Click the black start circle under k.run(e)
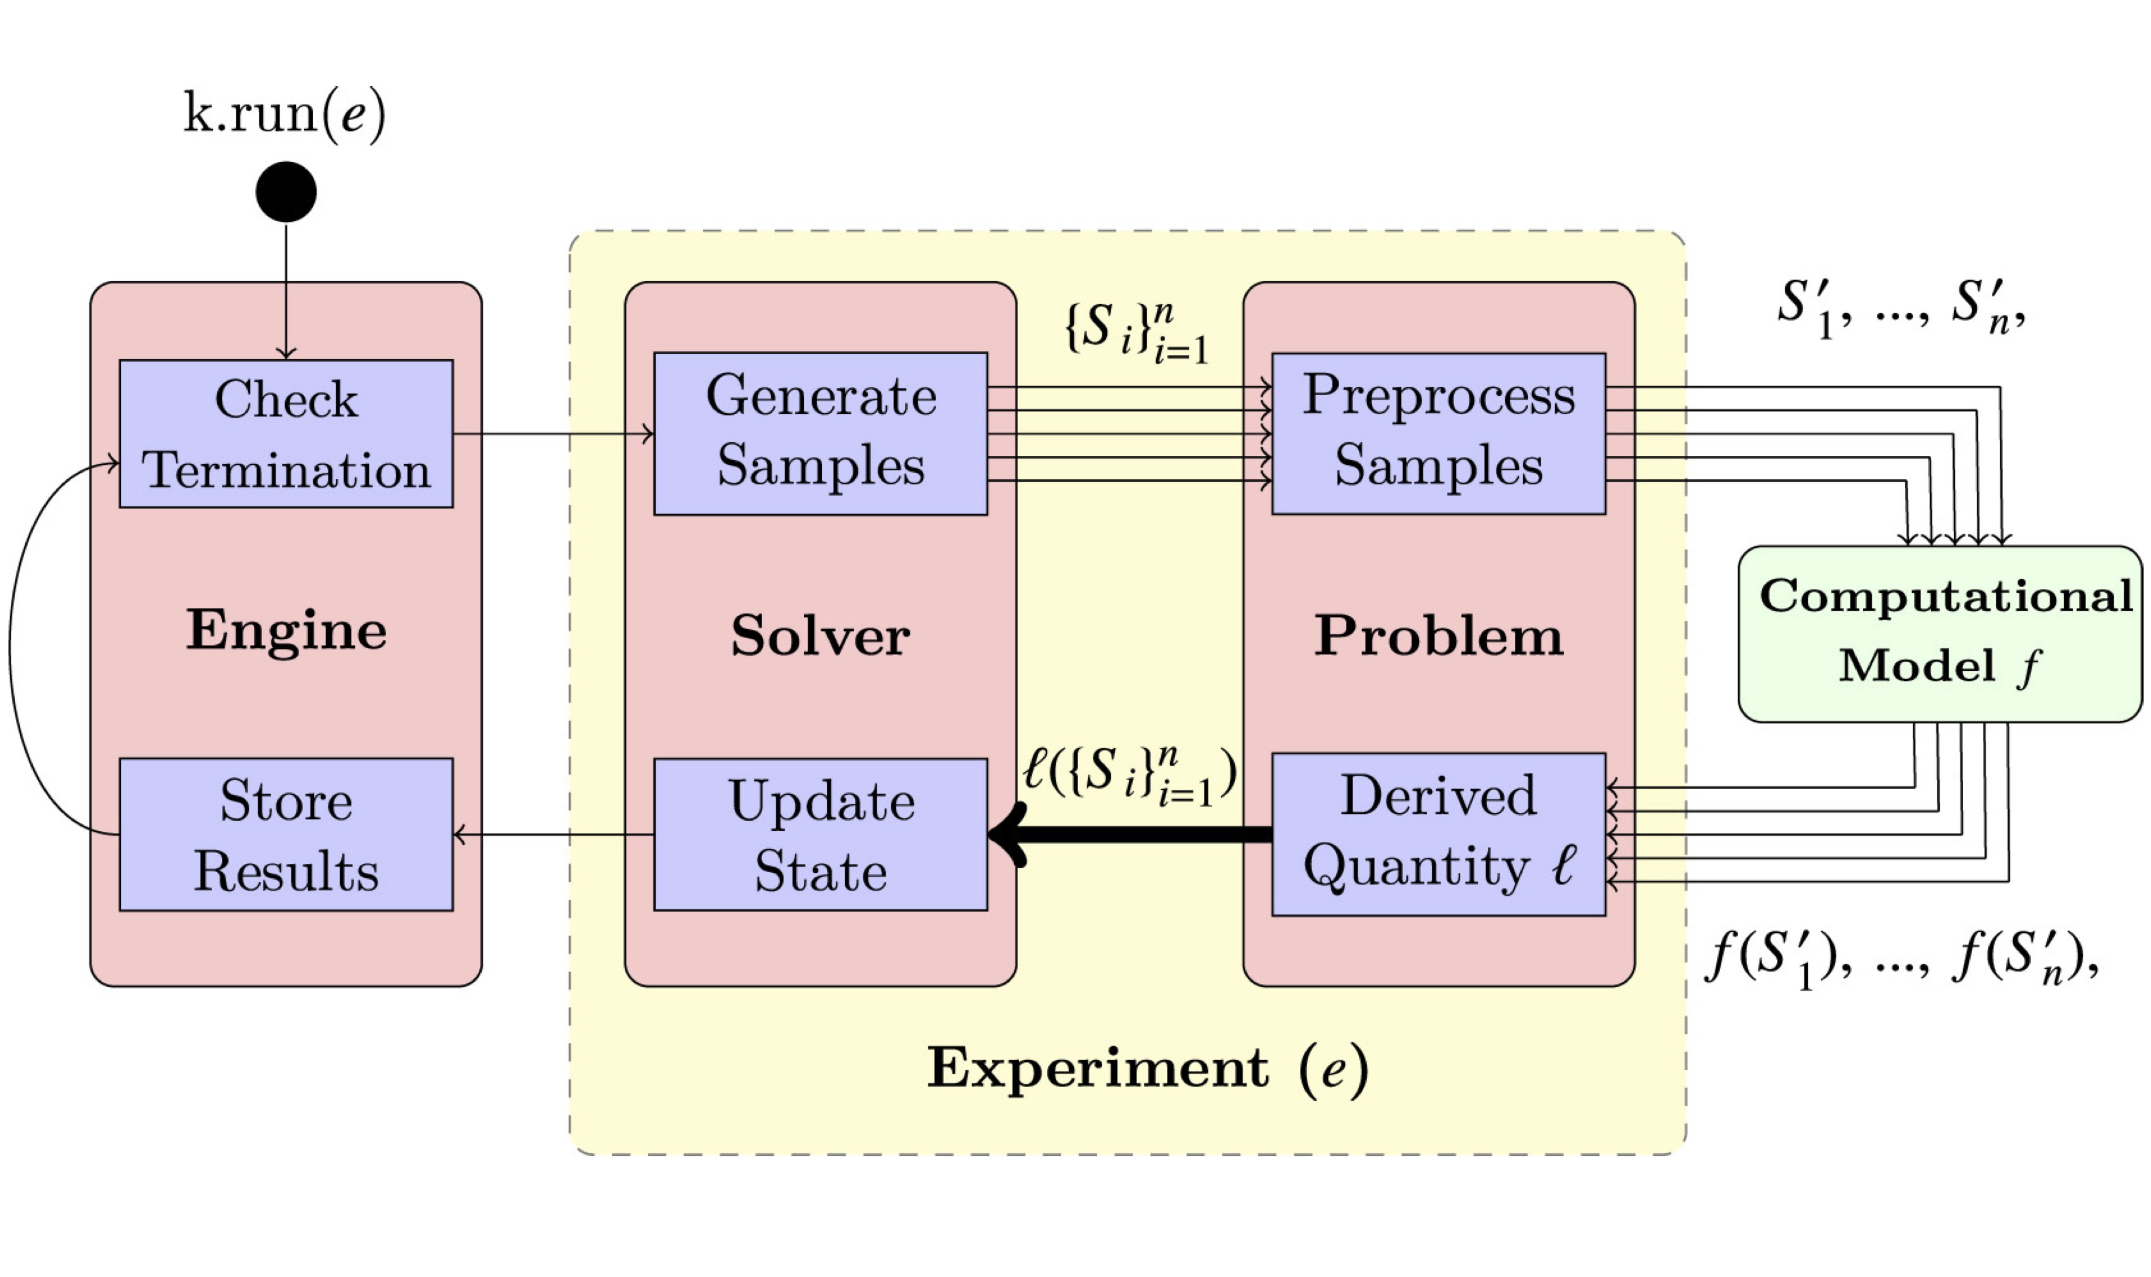[286, 191]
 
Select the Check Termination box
[286, 433]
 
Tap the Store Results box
[286, 834]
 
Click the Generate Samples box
[820, 433]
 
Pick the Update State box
[820, 834]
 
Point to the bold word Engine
[286, 630]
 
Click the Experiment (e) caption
[1147, 1069]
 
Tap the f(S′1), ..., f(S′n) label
[1902, 957]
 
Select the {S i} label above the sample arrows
[1136, 331]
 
